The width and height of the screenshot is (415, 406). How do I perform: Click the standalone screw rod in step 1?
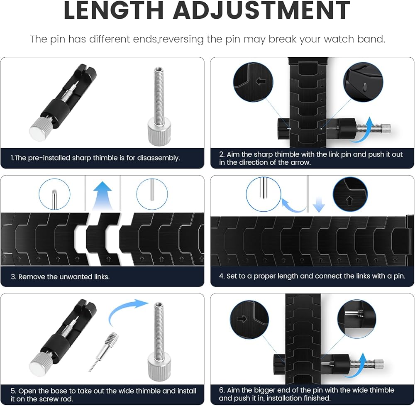159,106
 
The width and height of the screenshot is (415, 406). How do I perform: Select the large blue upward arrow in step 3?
103,196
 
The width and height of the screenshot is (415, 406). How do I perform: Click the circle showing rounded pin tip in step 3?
54,194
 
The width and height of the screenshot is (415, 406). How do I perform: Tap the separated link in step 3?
103,239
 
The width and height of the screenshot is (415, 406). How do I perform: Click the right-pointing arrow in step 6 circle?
242,319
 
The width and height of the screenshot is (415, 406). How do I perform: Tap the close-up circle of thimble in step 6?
356,319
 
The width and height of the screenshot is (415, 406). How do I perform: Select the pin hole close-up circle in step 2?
363,82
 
